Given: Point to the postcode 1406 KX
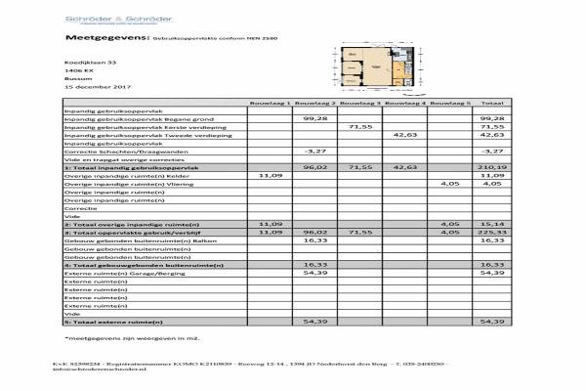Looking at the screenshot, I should [79, 70].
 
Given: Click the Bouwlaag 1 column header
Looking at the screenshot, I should [270, 102].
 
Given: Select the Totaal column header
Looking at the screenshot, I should [491, 102].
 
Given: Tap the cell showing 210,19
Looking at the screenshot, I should [491, 168].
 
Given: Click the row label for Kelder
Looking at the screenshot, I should [124, 176].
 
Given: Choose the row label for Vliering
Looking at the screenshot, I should [127, 184].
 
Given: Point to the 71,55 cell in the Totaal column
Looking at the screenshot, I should [491, 126].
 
